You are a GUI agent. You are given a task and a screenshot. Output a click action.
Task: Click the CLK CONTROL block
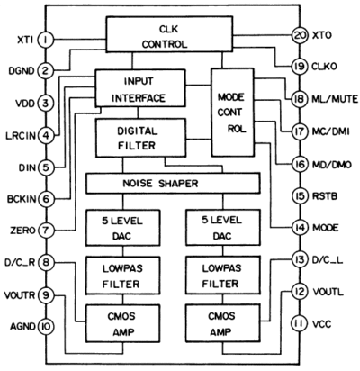[x=169, y=34]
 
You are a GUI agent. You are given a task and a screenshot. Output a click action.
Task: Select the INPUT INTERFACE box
[x=140, y=88]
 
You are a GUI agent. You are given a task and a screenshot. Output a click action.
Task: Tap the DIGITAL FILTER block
[x=140, y=138]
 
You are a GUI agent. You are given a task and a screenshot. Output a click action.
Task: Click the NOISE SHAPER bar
[x=173, y=184]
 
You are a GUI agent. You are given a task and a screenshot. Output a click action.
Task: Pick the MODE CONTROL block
[x=232, y=113]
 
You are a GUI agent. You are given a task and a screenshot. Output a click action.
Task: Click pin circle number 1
[x=46, y=40]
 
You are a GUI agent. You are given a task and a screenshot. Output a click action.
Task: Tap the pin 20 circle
[x=300, y=35]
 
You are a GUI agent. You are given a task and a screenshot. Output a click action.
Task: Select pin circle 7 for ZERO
[x=46, y=231]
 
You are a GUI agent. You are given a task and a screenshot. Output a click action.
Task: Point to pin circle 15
[x=300, y=196]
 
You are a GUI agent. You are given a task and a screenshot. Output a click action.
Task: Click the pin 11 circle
[x=300, y=323]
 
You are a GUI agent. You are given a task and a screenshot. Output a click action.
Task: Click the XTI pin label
[x=25, y=40]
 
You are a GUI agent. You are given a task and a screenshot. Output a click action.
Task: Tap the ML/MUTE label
[x=335, y=99]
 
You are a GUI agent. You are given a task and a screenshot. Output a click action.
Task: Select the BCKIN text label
[x=22, y=199]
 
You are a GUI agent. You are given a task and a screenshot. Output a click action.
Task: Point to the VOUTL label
[x=328, y=292]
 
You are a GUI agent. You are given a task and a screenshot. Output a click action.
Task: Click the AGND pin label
[x=22, y=326]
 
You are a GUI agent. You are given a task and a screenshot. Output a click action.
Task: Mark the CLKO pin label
[x=325, y=67]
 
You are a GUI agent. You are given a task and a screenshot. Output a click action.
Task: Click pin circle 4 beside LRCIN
[x=46, y=136]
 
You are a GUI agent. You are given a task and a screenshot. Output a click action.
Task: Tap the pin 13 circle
[x=300, y=259]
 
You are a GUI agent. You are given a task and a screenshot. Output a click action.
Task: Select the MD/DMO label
[x=332, y=165]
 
